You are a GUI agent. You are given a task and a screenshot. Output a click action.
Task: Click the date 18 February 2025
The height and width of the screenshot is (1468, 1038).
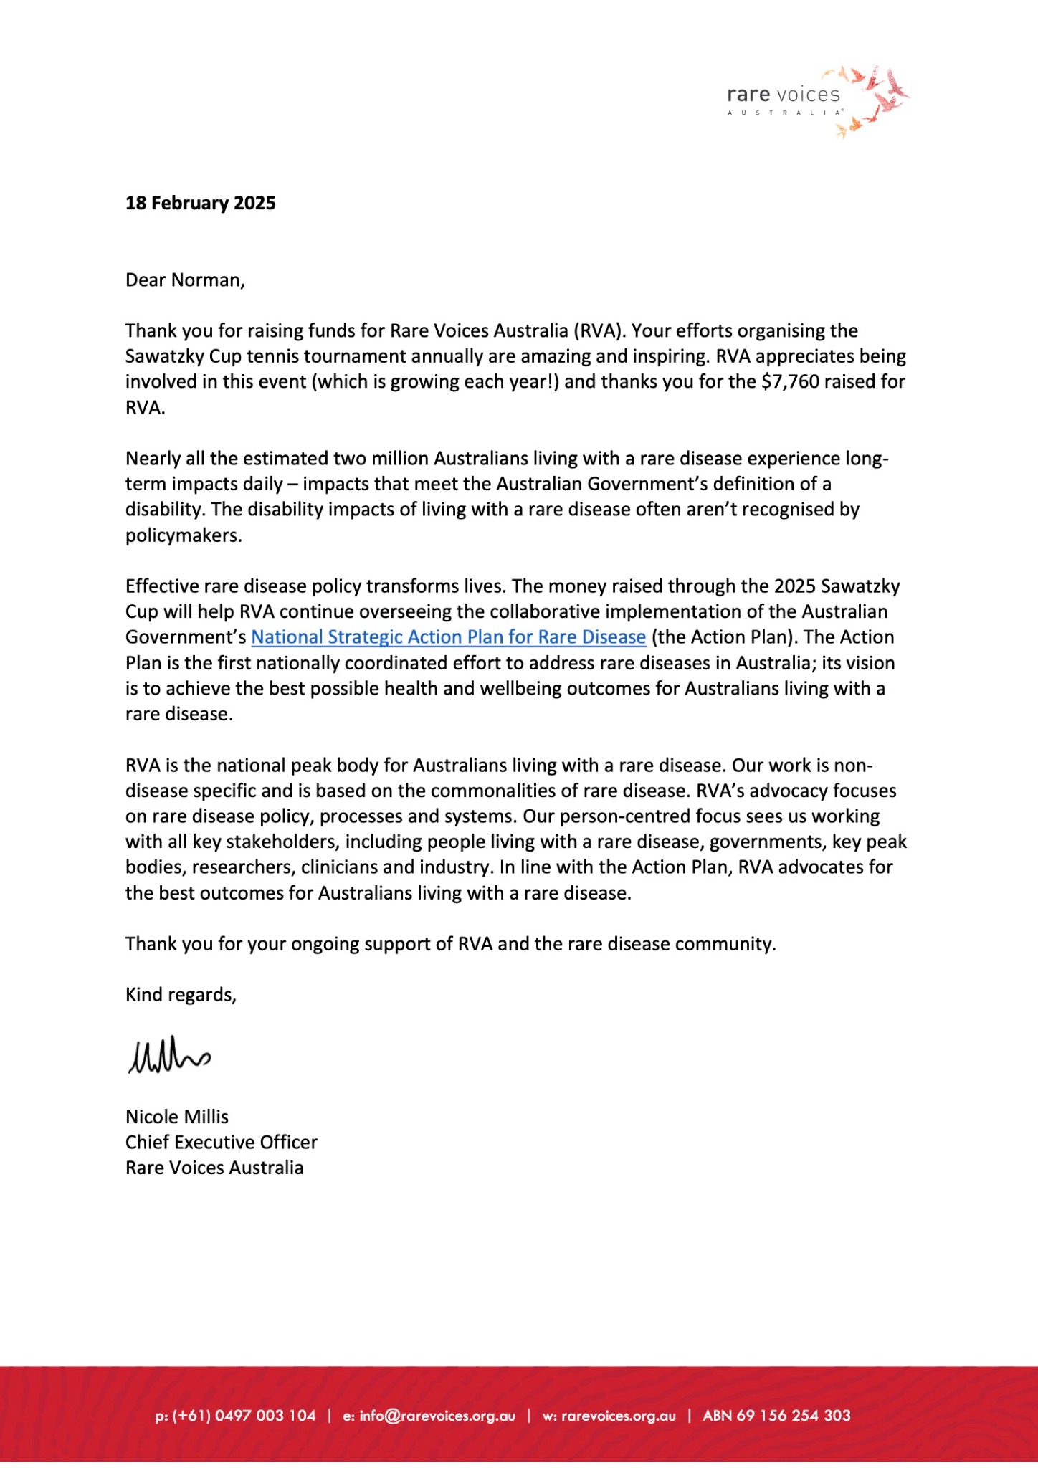pyautogui.click(x=200, y=203)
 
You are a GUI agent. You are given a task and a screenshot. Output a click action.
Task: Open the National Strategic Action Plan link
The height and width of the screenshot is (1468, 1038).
pyautogui.click(x=448, y=637)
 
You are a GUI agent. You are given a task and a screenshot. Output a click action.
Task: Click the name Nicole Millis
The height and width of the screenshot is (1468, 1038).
pyautogui.click(x=176, y=1117)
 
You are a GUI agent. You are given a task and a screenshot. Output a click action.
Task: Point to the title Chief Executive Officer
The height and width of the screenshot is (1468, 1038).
pyautogui.click(x=221, y=1142)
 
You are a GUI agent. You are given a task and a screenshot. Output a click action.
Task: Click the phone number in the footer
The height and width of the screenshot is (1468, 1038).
pyautogui.click(x=244, y=1416)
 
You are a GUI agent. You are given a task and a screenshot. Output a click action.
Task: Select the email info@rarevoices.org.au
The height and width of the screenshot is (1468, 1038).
pyautogui.click(x=437, y=1416)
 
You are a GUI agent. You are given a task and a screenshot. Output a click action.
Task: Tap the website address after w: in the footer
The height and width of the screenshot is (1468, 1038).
pyautogui.click(x=618, y=1416)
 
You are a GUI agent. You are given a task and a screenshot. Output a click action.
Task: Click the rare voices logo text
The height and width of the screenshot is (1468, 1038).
pyautogui.click(x=783, y=95)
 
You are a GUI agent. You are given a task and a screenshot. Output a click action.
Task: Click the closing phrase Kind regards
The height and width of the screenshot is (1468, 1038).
pyautogui.click(x=180, y=995)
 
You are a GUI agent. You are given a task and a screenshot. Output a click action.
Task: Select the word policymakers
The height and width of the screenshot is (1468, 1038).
pyautogui.click(x=183, y=535)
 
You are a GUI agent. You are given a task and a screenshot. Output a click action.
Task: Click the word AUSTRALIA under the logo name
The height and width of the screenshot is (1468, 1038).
pyautogui.click(x=784, y=113)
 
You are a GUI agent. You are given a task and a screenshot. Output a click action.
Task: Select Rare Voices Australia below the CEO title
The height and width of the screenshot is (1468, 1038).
pyautogui.click(x=214, y=1168)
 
